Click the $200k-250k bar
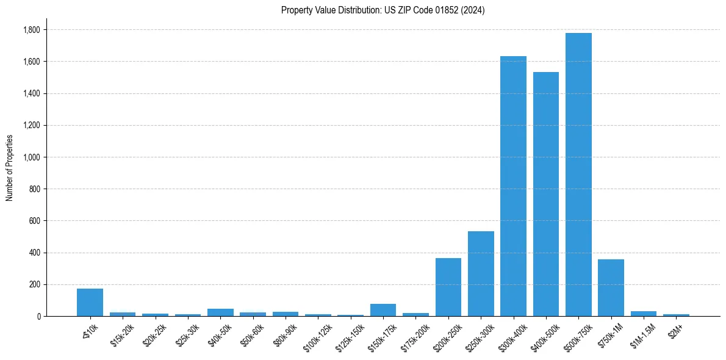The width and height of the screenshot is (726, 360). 448,287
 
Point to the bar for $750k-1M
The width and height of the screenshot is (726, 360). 611,287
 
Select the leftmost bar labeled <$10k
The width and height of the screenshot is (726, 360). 90,302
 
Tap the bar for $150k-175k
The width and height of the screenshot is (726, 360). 383,310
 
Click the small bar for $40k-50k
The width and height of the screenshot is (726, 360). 220,312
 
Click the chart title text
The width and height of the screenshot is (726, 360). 383,10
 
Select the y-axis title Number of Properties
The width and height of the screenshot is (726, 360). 10,167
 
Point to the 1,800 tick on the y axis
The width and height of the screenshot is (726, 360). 32,30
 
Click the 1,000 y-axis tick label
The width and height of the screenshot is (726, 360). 32,157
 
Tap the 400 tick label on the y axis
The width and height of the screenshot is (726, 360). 35,253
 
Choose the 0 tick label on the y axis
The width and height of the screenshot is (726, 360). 39,316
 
